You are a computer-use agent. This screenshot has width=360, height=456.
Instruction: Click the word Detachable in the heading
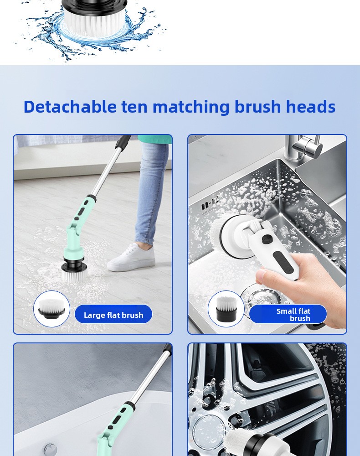70,106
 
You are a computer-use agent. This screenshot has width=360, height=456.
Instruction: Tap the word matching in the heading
191,107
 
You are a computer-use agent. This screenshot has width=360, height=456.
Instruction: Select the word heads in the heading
311,106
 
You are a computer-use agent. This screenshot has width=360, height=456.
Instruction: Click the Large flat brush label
113,315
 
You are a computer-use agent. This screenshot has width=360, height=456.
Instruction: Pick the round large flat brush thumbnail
51,309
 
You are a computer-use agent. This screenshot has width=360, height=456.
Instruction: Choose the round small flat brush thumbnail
226,309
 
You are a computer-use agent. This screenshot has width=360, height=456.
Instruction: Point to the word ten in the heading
134,107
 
